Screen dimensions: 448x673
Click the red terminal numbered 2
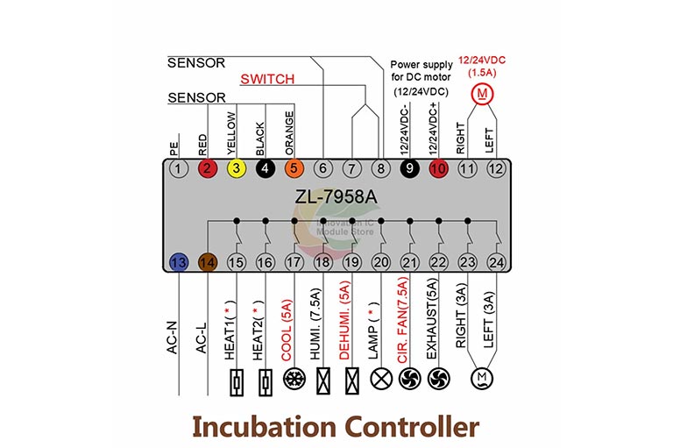207,168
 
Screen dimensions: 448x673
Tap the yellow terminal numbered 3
235,168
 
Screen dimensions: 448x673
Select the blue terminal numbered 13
179,261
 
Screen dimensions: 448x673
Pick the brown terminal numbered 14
208,261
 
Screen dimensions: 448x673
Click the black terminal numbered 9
409,168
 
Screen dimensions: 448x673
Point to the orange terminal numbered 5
294,168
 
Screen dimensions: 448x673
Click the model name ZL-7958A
337,196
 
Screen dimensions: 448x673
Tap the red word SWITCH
266,79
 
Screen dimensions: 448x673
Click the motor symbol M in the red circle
482,93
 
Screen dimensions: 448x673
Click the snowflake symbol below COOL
294,380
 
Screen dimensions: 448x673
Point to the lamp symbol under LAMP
381,380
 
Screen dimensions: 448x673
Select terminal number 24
497,261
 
